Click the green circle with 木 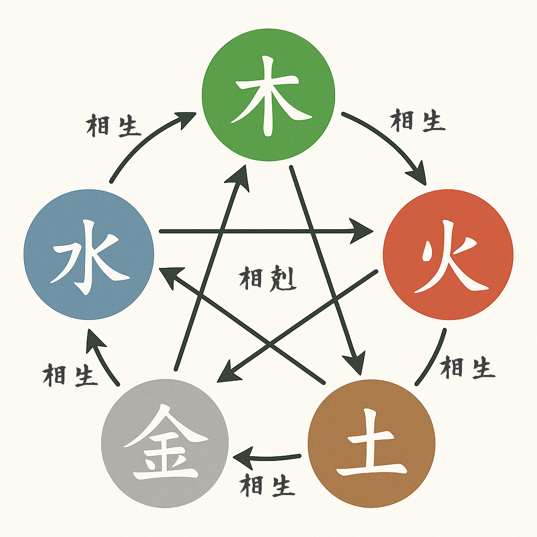[x=268, y=94]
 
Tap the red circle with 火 [x=448, y=256]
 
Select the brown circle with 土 [x=372, y=443]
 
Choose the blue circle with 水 [x=89, y=255]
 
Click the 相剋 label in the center [x=267, y=278]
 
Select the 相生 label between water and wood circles [x=113, y=126]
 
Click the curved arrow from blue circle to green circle [x=142, y=142]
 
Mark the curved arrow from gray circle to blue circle [x=102, y=357]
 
